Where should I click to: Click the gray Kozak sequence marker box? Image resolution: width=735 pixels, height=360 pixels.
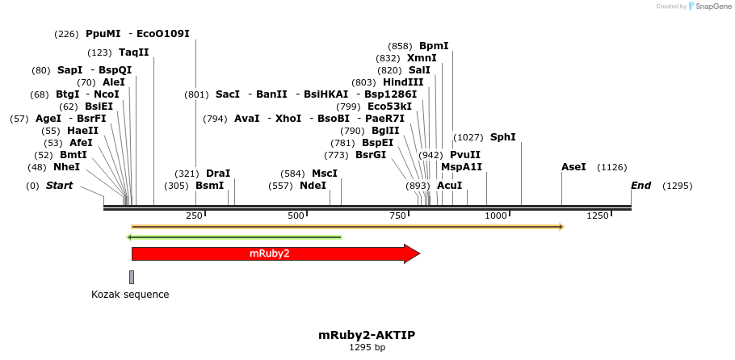tap(132, 277)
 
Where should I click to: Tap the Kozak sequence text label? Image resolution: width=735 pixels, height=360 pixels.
tap(130, 295)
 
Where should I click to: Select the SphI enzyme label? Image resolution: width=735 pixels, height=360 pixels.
tap(502, 137)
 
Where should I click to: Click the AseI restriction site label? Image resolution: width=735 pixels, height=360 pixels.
tap(573, 167)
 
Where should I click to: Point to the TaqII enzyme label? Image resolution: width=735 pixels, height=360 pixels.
tap(134, 52)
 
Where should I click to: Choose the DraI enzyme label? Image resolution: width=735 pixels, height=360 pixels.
tap(218, 174)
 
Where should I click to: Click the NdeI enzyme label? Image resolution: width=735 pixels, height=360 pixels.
tap(313, 186)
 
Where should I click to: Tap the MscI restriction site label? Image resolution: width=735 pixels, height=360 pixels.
tap(324, 174)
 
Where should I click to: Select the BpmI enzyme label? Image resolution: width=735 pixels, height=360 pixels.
tap(434, 46)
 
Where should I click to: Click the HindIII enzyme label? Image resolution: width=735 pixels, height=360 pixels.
tap(403, 82)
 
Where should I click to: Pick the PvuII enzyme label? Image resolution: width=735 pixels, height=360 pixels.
tap(465, 155)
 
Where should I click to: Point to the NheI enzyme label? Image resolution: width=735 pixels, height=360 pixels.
tap(66, 167)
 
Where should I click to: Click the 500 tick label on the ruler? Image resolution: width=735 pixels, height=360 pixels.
tap(296, 216)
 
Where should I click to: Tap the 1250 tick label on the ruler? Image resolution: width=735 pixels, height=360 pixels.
tap(598, 216)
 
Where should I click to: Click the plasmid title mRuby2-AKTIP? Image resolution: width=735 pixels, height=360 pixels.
tap(367, 334)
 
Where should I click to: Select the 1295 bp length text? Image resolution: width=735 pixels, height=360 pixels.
tap(367, 348)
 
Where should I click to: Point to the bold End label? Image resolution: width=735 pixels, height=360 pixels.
tap(640, 186)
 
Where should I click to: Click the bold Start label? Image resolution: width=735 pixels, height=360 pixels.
tap(59, 186)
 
